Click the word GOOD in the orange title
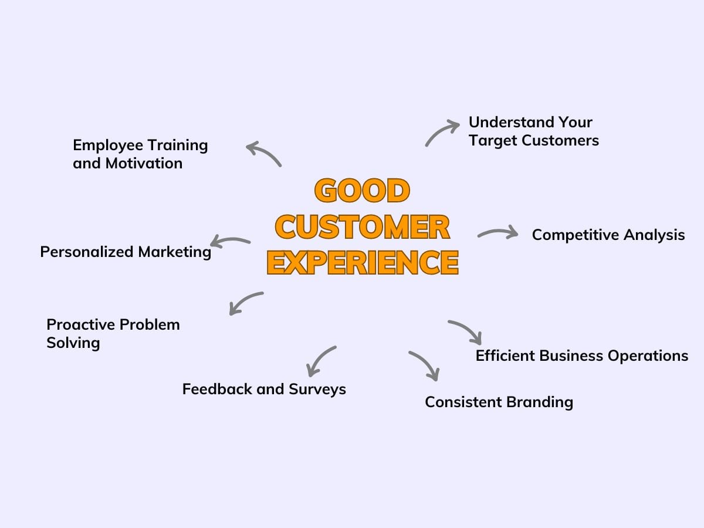[362, 191]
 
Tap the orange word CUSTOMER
[363, 227]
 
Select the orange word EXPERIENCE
[363, 263]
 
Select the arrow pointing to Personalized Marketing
[229, 239]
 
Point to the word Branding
[540, 402]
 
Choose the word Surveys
[317, 390]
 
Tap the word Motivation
[144, 164]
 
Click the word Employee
[108, 145]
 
